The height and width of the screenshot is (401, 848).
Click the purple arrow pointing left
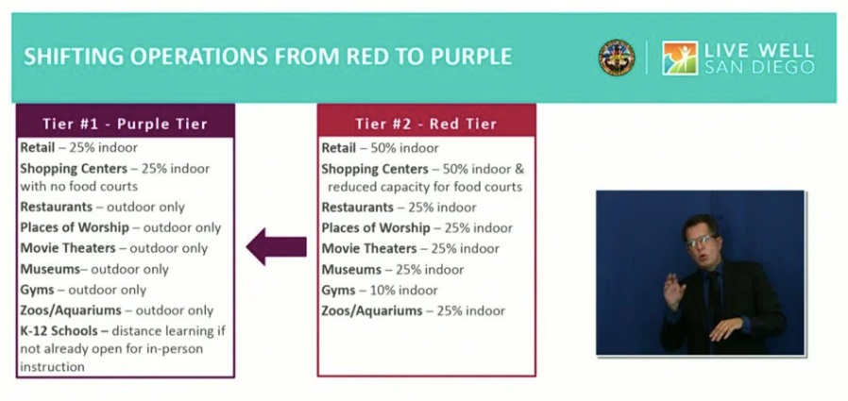(x=277, y=246)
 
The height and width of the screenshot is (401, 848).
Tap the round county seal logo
(x=617, y=58)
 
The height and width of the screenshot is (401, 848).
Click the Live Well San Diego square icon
(x=680, y=58)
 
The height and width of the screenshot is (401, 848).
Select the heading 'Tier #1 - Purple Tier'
(x=125, y=124)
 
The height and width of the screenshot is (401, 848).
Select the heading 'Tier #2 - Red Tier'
(x=426, y=124)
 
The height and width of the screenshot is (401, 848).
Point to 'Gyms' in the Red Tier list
(x=339, y=291)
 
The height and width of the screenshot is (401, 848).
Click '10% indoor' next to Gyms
(x=403, y=291)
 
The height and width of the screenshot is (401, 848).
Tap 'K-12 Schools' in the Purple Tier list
(x=59, y=330)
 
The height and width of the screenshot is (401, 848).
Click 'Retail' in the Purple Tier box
(x=38, y=147)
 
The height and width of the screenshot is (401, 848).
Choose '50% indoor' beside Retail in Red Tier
(x=404, y=147)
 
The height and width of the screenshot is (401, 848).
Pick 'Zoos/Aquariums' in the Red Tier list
(x=371, y=311)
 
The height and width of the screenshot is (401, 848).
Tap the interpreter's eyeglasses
(x=702, y=241)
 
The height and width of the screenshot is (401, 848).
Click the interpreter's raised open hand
(x=674, y=291)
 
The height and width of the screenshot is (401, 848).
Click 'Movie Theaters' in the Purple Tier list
(x=68, y=248)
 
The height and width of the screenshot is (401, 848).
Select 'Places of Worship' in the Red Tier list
(x=376, y=228)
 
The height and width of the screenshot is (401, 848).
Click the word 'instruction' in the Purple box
(x=52, y=367)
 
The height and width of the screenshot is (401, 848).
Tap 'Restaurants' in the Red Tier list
(x=358, y=208)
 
